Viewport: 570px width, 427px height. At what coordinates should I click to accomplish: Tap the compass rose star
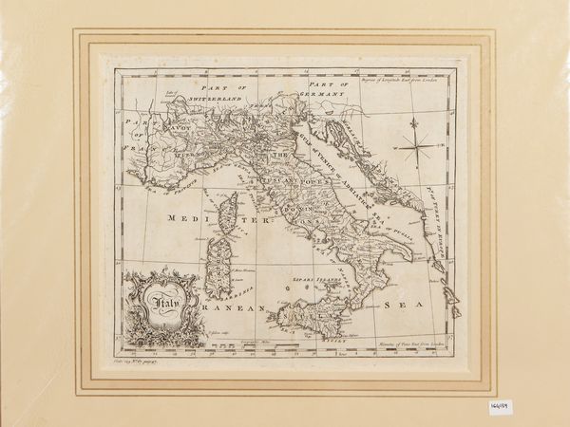(414, 145)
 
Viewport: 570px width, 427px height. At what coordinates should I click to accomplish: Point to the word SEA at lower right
(397, 305)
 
